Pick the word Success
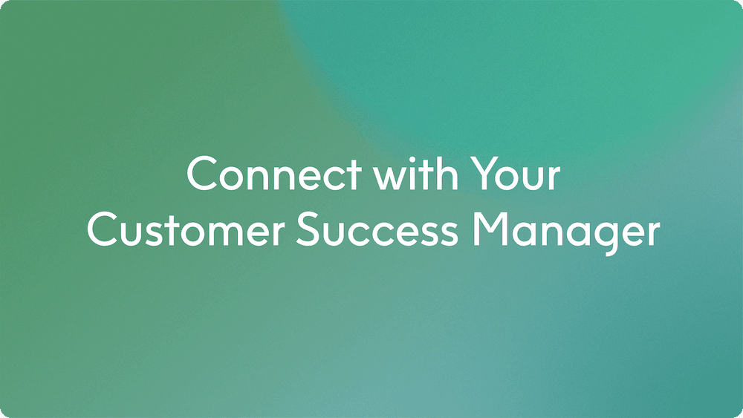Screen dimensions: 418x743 377,231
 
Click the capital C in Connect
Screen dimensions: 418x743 203,174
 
